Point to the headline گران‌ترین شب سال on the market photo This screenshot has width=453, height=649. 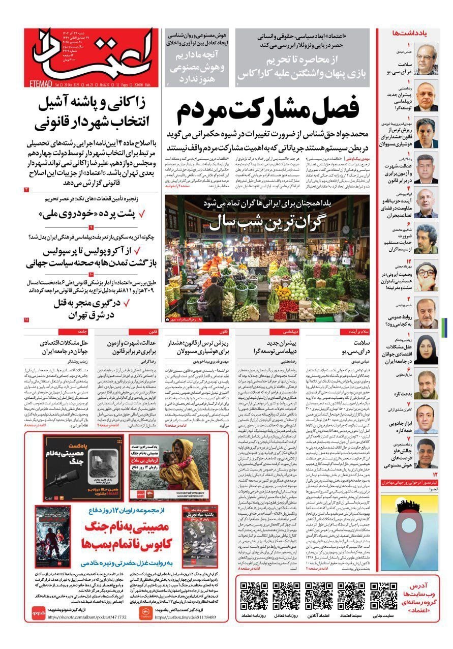(267, 220)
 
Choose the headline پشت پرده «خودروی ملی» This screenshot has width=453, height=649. (95, 214)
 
